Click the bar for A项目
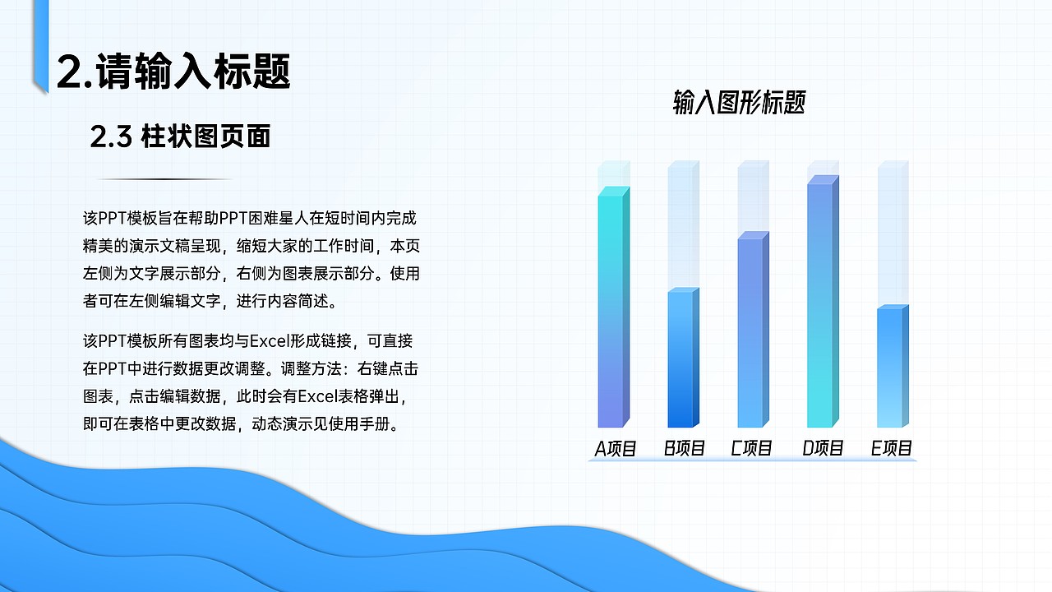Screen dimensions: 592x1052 613,308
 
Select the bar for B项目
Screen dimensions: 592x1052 682,358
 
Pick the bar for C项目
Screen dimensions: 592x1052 752,331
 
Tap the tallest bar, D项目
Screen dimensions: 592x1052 822,303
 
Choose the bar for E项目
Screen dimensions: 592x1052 892,367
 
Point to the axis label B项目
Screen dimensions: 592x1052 685,449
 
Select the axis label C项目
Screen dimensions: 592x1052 752,449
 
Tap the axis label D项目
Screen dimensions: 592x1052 823,449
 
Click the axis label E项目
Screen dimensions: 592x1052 892,449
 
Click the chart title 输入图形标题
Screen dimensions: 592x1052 739,104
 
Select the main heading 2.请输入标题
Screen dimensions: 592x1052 173,72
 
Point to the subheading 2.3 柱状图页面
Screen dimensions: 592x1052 181,137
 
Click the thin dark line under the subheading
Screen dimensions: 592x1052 164,179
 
